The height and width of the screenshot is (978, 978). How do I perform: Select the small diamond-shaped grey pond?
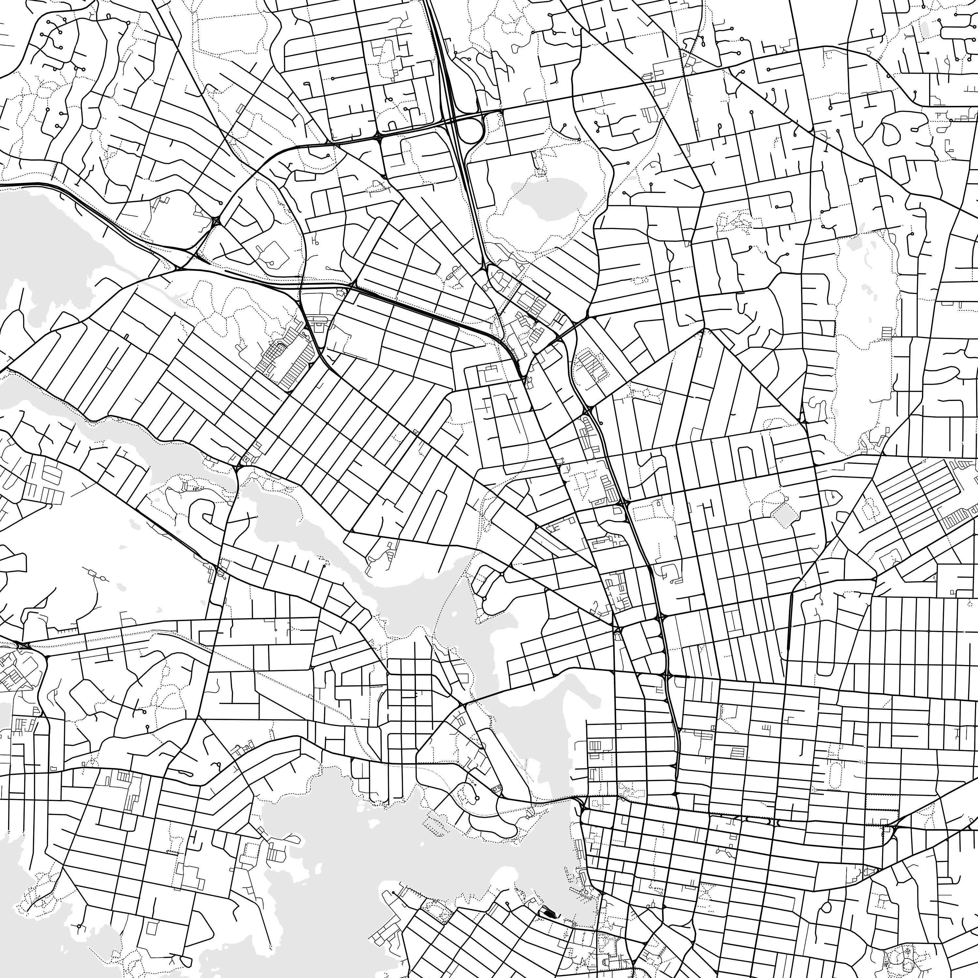coord(785,516)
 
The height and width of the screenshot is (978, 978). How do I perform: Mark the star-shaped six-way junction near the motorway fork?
coord(216,221)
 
